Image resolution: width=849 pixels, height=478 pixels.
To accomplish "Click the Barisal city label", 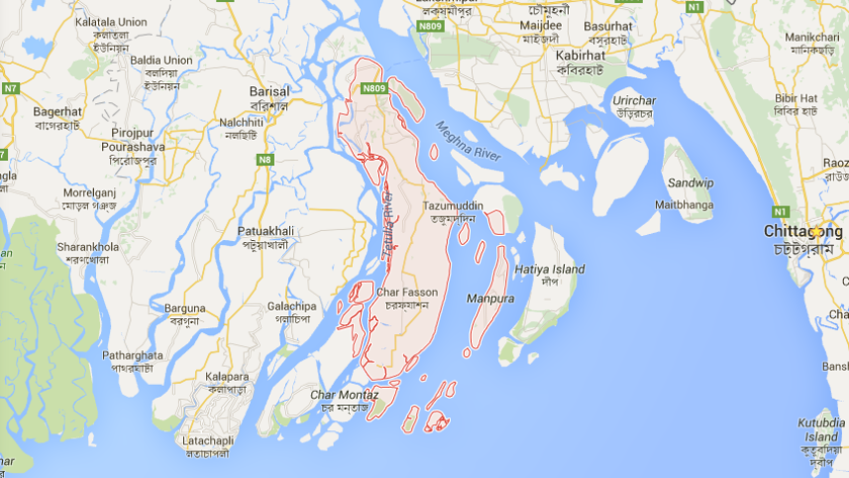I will (268, 91).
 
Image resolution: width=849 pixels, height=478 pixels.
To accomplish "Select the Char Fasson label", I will (406, 292).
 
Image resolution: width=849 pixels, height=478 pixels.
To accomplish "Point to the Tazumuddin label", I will (453, 205).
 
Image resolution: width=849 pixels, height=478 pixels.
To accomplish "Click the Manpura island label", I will (490, 297).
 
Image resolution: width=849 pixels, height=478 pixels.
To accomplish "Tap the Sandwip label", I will (690, 182).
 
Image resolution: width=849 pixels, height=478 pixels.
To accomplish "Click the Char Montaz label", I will (338, 395).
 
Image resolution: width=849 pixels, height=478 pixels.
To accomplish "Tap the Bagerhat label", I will (57, 112).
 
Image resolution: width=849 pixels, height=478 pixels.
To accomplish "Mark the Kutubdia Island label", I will (820, 429).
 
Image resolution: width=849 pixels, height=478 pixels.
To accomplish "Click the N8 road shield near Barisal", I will (265, 159).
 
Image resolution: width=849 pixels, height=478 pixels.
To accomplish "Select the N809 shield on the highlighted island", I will (372, 88).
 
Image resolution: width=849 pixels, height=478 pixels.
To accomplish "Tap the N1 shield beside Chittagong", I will (782, 211).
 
